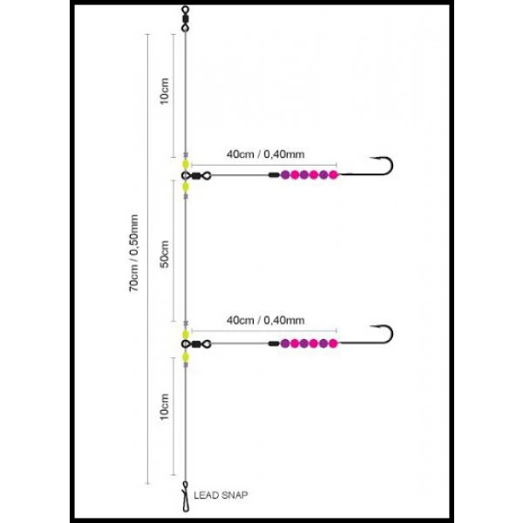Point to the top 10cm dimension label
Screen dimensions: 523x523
tap(165, 92)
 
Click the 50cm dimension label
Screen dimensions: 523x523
tap(165, 257)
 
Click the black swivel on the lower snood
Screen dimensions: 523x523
tap(197, 344)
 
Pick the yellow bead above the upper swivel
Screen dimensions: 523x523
tap(186, 163)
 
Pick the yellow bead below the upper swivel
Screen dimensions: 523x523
tap(186, 186)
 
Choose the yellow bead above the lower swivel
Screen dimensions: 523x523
tap(186, 333)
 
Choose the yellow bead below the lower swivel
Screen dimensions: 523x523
tap(186, 356)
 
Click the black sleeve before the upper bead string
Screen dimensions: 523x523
tap(273, 175)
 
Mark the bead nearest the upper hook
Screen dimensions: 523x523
tap(333, 175)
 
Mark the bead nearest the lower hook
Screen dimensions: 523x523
tap(333, 344)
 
